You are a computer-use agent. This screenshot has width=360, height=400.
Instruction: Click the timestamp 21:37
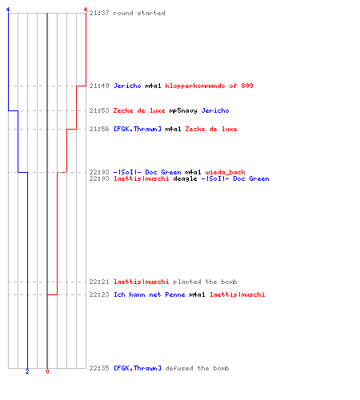(99, 13)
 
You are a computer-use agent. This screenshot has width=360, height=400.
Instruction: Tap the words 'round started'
(139, 13)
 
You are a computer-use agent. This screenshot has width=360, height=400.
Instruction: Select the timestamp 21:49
(99, 86)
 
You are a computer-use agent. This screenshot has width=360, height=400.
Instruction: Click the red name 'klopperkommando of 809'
(209, 86)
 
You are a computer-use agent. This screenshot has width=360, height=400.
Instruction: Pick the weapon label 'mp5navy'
(183, 110)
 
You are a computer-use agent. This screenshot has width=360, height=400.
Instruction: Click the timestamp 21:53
(99, 110)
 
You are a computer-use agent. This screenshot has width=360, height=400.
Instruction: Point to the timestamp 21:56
(99, 129)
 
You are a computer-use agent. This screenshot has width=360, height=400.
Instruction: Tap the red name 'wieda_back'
(225, 172)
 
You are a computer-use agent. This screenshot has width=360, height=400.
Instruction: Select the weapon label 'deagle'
(185, 178)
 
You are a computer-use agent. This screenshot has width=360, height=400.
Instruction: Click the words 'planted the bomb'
(205, 282)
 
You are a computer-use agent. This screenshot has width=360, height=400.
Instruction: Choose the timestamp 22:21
(99, 282)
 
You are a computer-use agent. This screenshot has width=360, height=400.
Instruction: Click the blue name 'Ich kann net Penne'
(150, 294)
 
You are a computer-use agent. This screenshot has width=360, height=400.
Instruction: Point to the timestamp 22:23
(99, 294)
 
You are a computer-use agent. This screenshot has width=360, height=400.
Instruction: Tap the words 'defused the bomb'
(197, 368)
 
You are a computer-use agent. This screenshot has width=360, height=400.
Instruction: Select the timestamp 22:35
(99, 368)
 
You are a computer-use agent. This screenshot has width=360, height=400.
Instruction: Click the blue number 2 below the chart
(27, 371)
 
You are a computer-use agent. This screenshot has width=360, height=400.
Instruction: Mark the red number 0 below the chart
(47, 371)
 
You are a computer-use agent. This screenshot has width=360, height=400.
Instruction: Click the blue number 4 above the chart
(8, 10)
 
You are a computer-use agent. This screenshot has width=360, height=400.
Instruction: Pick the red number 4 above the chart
(86, 10)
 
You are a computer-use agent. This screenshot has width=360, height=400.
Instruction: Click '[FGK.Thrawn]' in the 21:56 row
(138, 129)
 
